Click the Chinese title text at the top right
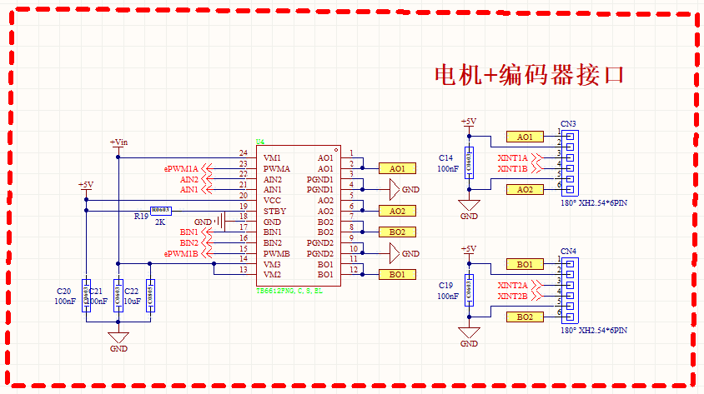[x=530, y=75]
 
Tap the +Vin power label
[x=118, y=142]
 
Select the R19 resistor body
[x=160, y=211]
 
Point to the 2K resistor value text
[x=160, y=222]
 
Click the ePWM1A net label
[x=181, y=169]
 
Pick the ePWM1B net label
[x=181, y=253]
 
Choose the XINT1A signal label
[x=512, y=158]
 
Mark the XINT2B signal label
[x=512, y=297]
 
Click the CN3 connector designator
[x=568, y=123]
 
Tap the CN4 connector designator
[x=568, y=251]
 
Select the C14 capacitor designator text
[x=445, y=157]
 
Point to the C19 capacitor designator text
[x=445, y=285]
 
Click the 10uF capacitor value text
[x=133, y=301]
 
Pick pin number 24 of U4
[x=243, y=153]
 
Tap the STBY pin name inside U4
[x=274, y=212]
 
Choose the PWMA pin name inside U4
[x=277, y=168]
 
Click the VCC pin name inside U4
[x=273, y=201]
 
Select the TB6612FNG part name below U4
[x=289, y=291]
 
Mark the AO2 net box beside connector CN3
[x=525, y=190]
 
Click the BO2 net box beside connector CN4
[x=525, y=317]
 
